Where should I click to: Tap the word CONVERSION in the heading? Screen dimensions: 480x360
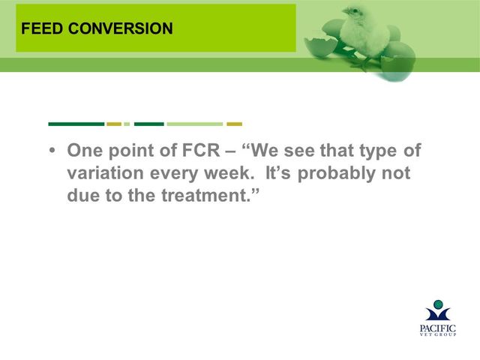pos(121,28)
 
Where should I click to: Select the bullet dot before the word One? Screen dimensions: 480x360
pos(52,151)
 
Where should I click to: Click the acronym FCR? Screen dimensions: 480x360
pos(201,150)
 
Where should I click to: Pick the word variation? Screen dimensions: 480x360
pos(105,173)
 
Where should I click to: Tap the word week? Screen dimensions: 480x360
pos(229,173)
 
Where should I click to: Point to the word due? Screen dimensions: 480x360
pos(83,195)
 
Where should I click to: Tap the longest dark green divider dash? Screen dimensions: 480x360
pos(76,124)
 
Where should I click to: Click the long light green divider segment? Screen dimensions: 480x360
pos(195,124)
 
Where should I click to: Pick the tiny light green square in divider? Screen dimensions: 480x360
pos(127,124)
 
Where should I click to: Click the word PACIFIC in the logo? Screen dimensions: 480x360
pos(438,328)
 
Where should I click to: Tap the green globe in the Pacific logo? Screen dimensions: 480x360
pos(438,304)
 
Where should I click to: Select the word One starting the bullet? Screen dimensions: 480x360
pos(85,150)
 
